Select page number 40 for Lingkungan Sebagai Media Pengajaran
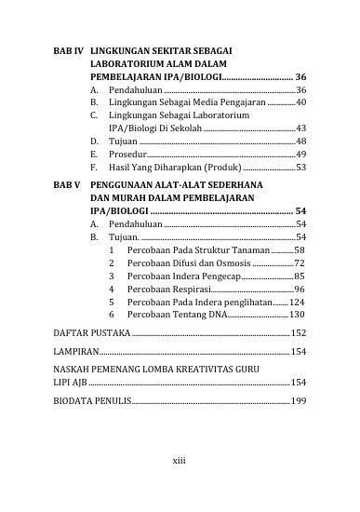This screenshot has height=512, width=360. pos(301,101)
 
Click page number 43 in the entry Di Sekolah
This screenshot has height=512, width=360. pos(301,128)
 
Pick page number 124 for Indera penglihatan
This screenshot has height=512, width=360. pos(299,303)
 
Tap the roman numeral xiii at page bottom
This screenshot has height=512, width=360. pos(180,460)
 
